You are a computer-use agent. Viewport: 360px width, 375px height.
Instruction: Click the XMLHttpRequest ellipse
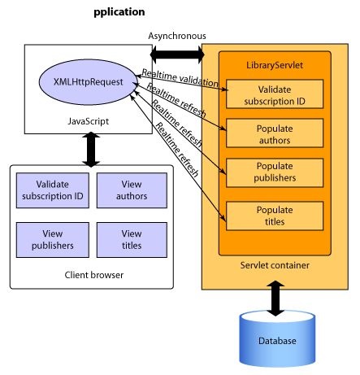tap(88, 81)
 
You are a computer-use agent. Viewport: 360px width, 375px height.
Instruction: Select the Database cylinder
tap(277, 339)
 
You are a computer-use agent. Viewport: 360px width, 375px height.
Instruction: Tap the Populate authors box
tap(275, 133)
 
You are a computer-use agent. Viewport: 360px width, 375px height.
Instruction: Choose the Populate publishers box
tap(275, 172)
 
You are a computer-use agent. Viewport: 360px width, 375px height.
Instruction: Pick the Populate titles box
tap(275, 216)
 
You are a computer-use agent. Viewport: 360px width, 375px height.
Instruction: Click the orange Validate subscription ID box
tap(275, 94)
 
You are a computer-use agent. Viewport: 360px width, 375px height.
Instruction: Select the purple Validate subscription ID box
tap(53, 190)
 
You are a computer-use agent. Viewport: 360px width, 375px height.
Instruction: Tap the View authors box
tap(132, 190)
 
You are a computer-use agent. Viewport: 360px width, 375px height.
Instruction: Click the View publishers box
tap(53, 240)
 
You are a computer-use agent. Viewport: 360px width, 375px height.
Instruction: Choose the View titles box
tap(132, 240)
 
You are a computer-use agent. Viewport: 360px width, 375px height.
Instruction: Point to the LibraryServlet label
tap(275, 65)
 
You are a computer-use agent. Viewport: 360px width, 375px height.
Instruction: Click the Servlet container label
tap(275, 265)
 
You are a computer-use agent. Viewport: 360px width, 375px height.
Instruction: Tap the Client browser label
tap(93, 275)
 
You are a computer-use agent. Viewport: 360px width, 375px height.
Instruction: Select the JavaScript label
tap(88, 121)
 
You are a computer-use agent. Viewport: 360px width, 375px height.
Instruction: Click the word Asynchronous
tap(177, 36)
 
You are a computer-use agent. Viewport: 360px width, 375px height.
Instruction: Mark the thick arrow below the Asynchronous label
tap(177, 55)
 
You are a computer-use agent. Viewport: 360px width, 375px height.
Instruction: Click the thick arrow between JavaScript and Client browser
tap(91, 150)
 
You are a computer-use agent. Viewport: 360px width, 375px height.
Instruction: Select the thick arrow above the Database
tap(275, 299)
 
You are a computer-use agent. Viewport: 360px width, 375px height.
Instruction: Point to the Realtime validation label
tap(180, 78)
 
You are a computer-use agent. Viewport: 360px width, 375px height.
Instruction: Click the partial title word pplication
tap(119, 12)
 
